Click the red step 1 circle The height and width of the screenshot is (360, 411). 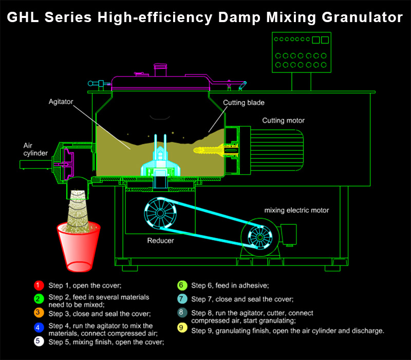(x=38, y=285)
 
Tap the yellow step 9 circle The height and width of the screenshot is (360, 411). (x=181, y=330)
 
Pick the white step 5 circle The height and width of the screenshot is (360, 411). (x=38, y=342)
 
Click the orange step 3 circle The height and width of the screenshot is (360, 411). (x=38, y=313)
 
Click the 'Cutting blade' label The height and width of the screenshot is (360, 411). (x=244, y=103)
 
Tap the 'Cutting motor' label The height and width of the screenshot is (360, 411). (x=284, y=121)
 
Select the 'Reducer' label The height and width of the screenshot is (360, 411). (x=161, y=240)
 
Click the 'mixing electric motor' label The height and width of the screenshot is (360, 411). (x=297, y=210)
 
